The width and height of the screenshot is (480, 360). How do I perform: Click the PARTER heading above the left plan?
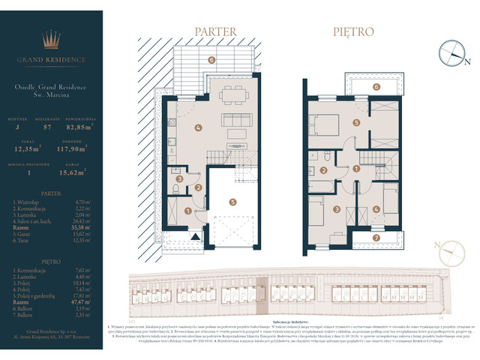pos(215,32)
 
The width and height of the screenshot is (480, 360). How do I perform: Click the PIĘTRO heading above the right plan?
pos(354,32)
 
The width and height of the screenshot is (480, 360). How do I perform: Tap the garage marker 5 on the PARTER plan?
pos(233,201)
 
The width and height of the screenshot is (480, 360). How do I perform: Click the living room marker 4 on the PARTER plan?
pos(199,127)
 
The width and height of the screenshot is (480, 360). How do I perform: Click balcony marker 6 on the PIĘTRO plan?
pos(376,86)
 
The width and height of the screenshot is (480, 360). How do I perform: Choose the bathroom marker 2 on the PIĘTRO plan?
pos(322,170)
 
